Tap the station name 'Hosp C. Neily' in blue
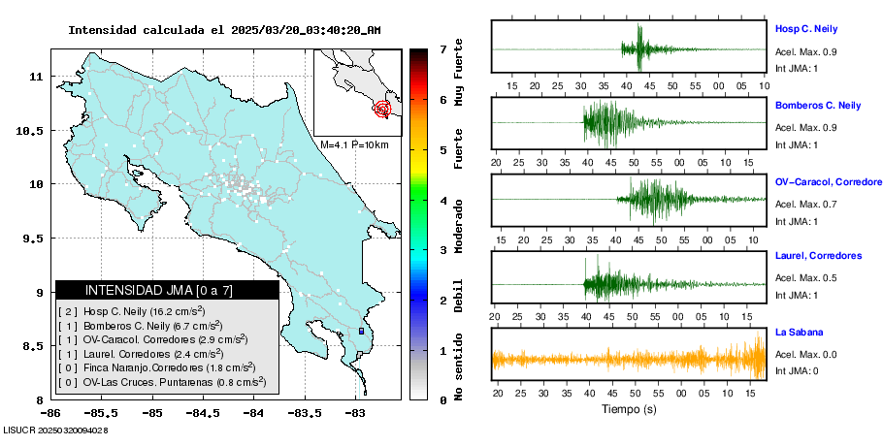coord(805,29)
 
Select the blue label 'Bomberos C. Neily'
coord(818,105)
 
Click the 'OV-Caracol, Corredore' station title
coord(828,181)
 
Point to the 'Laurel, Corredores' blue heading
coord(818,256)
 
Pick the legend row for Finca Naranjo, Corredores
coord(156,368)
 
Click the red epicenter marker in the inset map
coord(384,110)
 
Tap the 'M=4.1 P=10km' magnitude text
coord(354,144)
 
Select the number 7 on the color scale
coord(441,48)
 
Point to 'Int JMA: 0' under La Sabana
coord(797,370)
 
